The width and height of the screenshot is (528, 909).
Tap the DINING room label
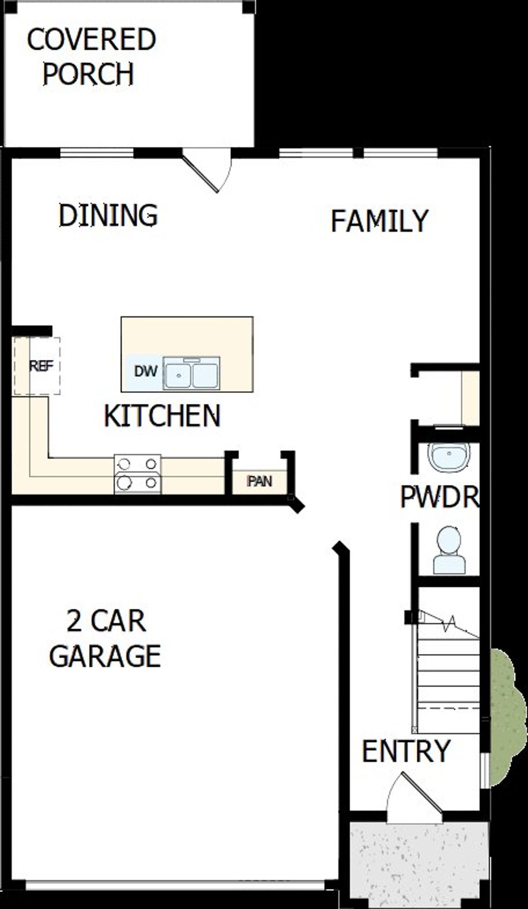(108, 215)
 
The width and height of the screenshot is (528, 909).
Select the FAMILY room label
(379, 221)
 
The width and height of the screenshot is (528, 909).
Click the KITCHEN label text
(162, 416)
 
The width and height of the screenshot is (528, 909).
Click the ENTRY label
(406, 751)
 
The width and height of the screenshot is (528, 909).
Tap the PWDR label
(439, 497)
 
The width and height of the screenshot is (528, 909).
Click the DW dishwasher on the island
(146, 371)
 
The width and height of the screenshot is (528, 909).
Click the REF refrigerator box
(41, 366)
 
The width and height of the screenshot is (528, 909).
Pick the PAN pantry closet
(259, 481)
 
